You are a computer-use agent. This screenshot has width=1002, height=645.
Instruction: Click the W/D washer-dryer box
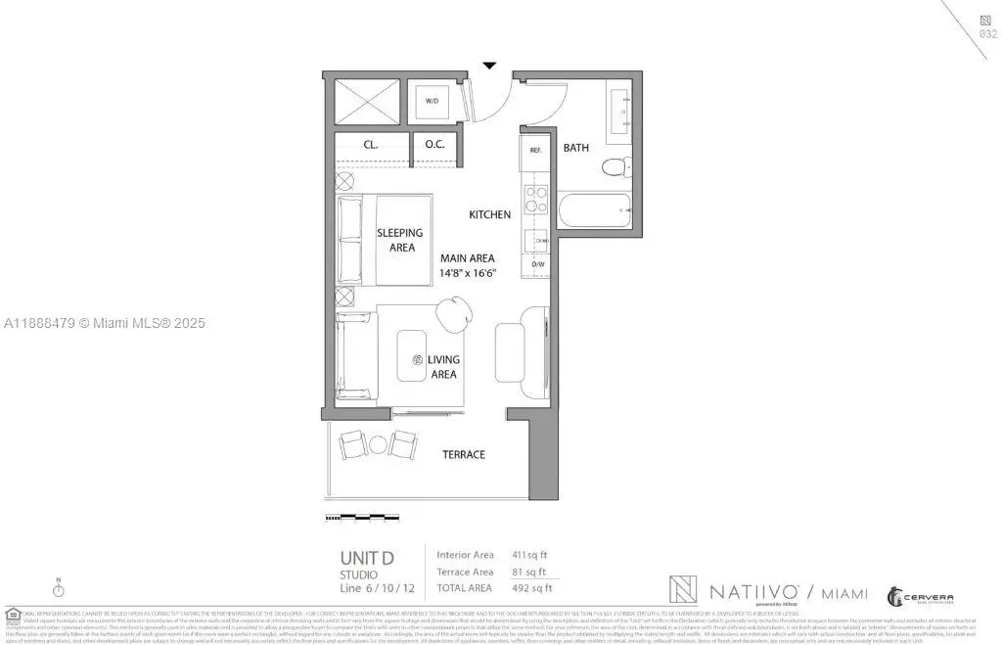(432, 100)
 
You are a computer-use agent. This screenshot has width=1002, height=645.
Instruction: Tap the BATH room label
(575, 148)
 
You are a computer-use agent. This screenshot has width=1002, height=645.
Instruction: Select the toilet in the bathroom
(613, 167)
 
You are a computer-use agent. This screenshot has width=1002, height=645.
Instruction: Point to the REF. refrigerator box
(535, 151)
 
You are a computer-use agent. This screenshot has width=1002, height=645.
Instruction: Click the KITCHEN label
(489, 214)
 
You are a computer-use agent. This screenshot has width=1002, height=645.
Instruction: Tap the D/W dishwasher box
(537, 264)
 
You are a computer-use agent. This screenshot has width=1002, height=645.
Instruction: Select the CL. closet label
(371, 144)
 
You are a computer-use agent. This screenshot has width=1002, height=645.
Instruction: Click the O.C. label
(434, 144)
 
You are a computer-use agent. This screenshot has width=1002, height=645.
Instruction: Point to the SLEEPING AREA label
(400, 240)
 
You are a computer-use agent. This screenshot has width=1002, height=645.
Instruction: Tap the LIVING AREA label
(443, 367)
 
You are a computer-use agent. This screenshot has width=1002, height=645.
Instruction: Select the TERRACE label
(463, 454)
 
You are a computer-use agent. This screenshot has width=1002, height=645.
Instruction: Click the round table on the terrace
(378, 444)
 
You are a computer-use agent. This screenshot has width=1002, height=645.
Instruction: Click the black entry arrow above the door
(489, 66)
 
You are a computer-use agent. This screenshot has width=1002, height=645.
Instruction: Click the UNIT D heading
(367, 558)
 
